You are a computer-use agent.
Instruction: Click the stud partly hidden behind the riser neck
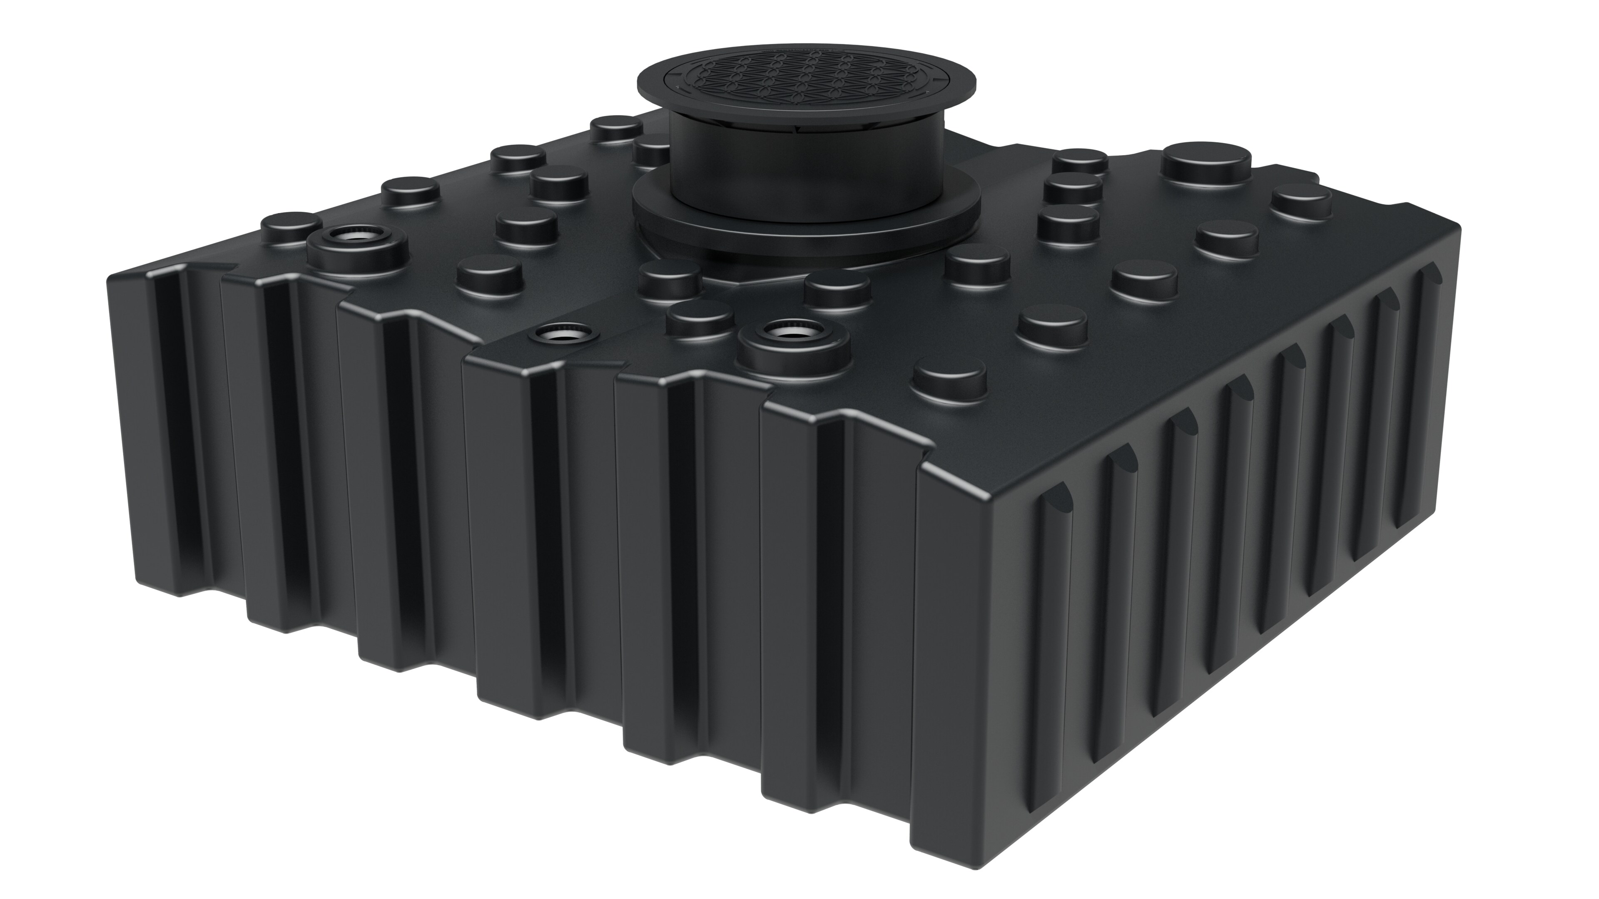653,148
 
